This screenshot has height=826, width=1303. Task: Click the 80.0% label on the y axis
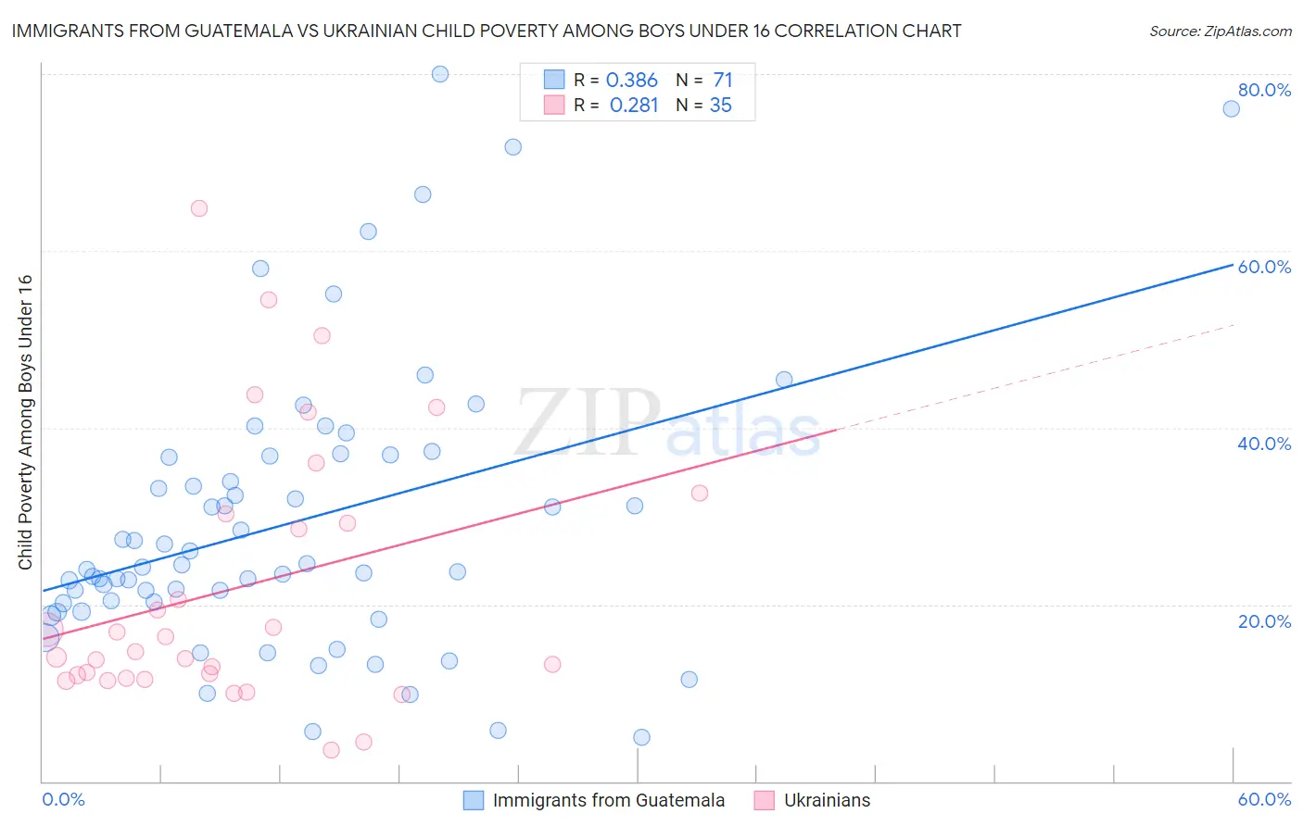[1264, 90]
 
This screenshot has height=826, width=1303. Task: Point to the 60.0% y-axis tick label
[1264, 267]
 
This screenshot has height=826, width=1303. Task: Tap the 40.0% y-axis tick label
[1264, 444]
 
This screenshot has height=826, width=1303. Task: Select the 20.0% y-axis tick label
[1264, 620]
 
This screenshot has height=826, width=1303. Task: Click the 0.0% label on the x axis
[63, 799]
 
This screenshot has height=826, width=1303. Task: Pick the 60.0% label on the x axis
[1264, 799]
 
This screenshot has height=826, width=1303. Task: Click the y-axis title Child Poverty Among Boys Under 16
[26, 422]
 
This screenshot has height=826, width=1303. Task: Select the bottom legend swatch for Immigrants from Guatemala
[474, 800]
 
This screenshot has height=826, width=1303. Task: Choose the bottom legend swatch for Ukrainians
[765, 800]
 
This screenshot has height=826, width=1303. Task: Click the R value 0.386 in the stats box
[631, 80]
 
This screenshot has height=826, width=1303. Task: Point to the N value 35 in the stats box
[720, 105]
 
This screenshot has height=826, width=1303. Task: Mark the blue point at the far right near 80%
[1231, 108]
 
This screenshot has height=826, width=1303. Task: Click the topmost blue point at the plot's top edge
[440, 74]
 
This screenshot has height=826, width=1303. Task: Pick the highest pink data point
[199, 208]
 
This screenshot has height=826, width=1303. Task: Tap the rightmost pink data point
[700, 493]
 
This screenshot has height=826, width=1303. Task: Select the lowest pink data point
[331, 750]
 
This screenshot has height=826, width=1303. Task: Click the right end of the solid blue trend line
[1233, 265]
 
